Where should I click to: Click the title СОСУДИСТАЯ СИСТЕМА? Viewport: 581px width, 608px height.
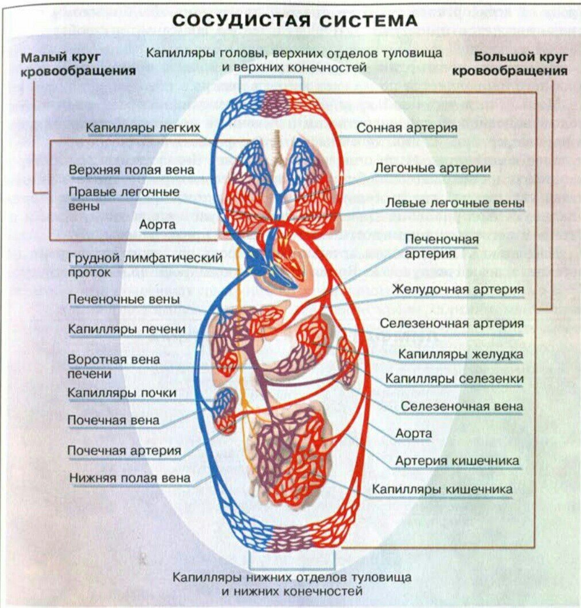coord(295,21)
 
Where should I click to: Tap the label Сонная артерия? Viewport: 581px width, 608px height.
coord(407,127)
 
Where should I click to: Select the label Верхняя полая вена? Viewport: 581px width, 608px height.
coord(131,170)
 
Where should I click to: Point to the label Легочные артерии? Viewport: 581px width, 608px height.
coord(432,168)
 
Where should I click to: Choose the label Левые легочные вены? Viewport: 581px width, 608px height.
coord(454,203)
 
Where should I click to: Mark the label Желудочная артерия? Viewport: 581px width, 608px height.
coord(458,289)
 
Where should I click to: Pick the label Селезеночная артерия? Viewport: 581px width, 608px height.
coord(451,324)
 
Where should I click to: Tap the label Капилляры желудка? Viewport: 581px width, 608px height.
coord(461,355)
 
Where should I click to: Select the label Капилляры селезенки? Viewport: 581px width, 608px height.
coord(454,379)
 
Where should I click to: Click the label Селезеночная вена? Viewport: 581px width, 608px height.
coord(462,406)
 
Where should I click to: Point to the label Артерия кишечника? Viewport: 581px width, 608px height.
coord(457,461)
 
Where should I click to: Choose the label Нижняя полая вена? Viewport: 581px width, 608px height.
coord(130,477)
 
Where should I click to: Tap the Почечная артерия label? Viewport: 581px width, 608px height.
coord(124,450)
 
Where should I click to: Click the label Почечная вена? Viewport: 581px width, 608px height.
coord(114,420)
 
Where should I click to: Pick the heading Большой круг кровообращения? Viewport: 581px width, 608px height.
coord(510,64)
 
